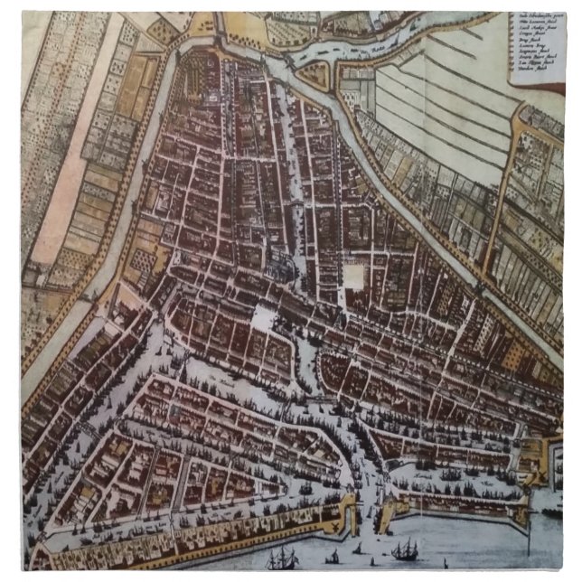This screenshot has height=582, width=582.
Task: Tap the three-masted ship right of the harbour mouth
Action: (x=404, y=548)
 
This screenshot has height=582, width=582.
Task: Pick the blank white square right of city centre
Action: (x=355, y=273)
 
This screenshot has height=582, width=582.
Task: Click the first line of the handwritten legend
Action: (x=541, y=18)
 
